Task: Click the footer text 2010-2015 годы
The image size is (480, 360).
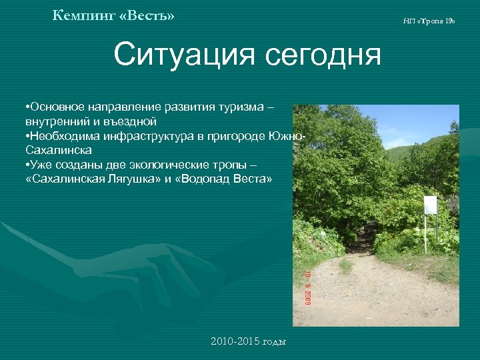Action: pyautogui.click(x=248, y=341)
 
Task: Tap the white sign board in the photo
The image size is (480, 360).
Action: pyautogui.click(x=431, y=205)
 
